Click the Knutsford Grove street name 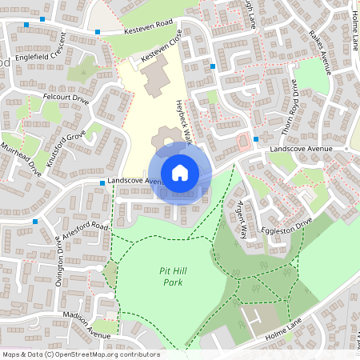(65, 147)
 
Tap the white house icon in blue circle (180, 172)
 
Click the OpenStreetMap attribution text (81, 354)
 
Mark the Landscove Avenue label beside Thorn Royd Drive (301, 149)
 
